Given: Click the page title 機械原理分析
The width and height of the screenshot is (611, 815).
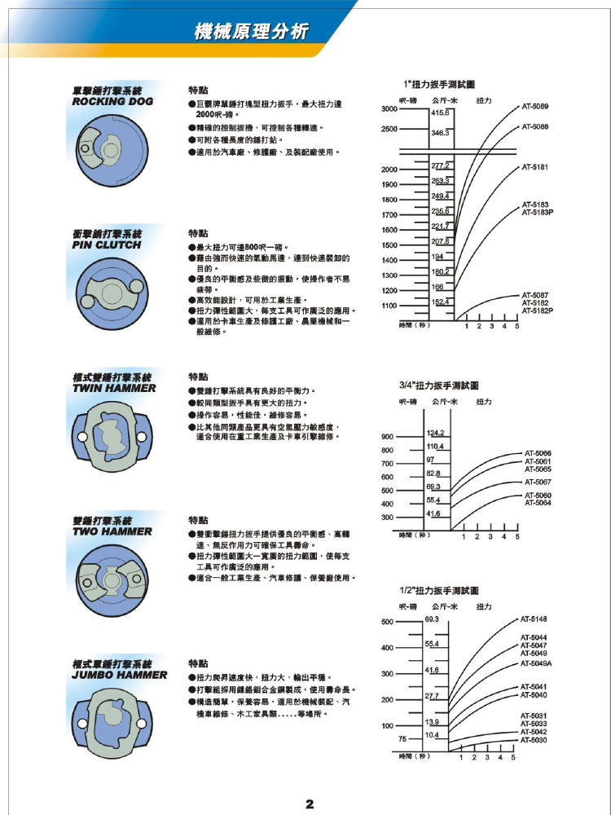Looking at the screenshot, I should click(252, 32).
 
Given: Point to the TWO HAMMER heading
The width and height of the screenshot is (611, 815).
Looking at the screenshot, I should click(112, 531).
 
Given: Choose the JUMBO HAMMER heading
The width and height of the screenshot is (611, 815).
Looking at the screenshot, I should click(120, 675).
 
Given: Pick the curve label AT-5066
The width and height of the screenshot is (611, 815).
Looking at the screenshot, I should click(538, 453).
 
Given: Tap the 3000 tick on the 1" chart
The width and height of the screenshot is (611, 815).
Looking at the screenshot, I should click(389, 108).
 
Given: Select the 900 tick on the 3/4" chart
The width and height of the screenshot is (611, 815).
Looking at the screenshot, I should click(388, 436).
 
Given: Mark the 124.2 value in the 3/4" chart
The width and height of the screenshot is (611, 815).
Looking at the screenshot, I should click(434, 432).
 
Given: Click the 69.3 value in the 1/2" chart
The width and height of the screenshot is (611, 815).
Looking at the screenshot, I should click(433, 619).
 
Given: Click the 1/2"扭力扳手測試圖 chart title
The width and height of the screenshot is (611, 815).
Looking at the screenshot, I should click(439, 590).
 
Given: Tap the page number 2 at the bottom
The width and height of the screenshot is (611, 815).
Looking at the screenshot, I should click(310, 804).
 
